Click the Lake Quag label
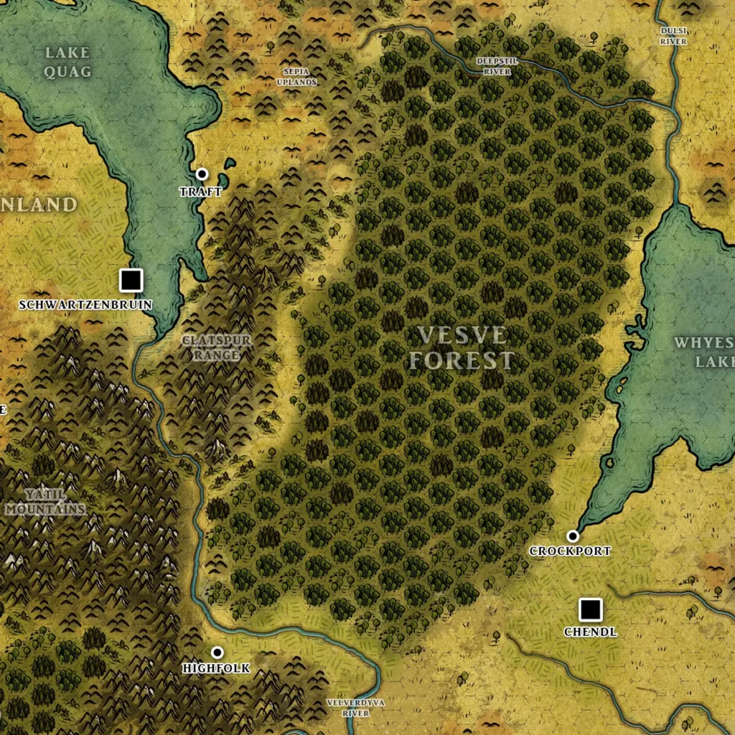pyautogui.click(x=67, y=62)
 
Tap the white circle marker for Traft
pyautogui.click(x=202, y=174)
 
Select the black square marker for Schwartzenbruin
pyautogui.click(x=131, y=280)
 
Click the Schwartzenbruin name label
pyautogui.click(x=85, y=304)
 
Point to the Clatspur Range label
pyautogui.click(x=217, y=347)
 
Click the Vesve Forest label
pyautogui.click(x=462, y=347)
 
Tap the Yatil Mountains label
pyautogui.click(x=45, y=502)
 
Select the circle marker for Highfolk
pyautogui.click(x=217, y=652)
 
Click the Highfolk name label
pyautogui.click(x=216, y=668)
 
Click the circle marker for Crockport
pyautogui.click(x=572, y=535)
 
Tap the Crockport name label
pyautogui.click(x=570, y=551)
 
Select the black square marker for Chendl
pyautogui.click(x=590, y=610)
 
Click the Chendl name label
pyautogui.click(x=590, y=632)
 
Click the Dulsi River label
pyautogui.click(x=674, y=36)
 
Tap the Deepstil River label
pyautogui.click(x=497, y=66)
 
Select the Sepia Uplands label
pyautogui.click(x=296, y=77)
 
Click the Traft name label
pyautogui.click(x=200, y=192)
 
